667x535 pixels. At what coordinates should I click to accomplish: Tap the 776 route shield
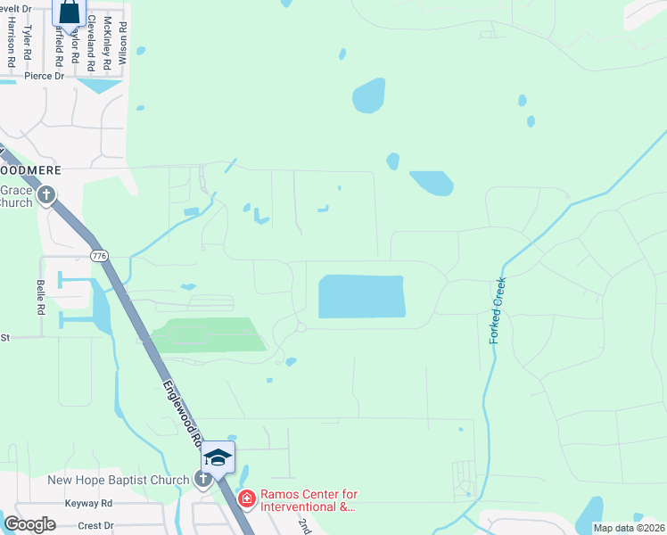coord(99,256)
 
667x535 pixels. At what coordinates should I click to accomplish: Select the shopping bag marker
coord(69,12)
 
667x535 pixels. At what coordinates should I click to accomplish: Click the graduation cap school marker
coord(218,457)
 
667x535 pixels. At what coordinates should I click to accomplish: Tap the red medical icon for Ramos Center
coord(246,498)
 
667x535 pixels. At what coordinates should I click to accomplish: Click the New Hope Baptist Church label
coord(118,480)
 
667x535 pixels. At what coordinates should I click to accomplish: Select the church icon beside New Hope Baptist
coord(203,480)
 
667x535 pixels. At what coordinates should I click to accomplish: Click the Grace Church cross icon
coord(45,194)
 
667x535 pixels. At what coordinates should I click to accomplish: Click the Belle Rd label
coord(40,297)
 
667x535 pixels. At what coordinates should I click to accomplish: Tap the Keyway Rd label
coord(88,504)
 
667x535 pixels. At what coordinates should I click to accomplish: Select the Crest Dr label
coord(96,525)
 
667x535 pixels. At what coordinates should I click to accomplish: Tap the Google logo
coord(29,524)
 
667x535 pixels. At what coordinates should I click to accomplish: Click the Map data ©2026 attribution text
coord(628,528)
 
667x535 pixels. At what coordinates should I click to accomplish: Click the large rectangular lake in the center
coord(361,297)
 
